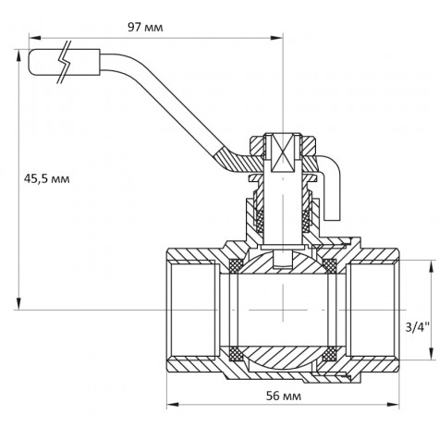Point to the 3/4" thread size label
coord(418,325)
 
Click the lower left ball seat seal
coord(238,352)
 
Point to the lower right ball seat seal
coord(329,352)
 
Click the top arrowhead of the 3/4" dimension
coord(431,262)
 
